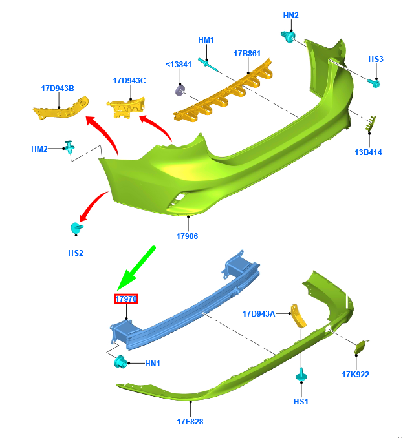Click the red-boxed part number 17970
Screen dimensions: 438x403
click(x=126, y=298)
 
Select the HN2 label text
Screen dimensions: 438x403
click(x=291, y=15)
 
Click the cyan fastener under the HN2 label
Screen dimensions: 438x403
click(x=289, y=37)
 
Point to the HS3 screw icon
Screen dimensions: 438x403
click(x=374, y=82)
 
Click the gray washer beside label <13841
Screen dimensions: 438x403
click(x=180, y=90)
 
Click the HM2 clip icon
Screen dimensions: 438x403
click(x=69, y=147)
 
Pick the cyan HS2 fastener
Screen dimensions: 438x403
click(x=76, y=228)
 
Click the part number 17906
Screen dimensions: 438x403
click(x=187, y=236)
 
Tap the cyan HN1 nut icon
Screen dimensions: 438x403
click(x=120, y=362)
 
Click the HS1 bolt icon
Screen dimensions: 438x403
click(x=301, y=375)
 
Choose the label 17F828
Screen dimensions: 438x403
click(x=190, y=421)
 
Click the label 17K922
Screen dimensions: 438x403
click(x=356, y=374)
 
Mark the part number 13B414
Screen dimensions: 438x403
click(x=368, y=152)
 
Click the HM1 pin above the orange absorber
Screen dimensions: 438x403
click(x=207, y=62)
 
